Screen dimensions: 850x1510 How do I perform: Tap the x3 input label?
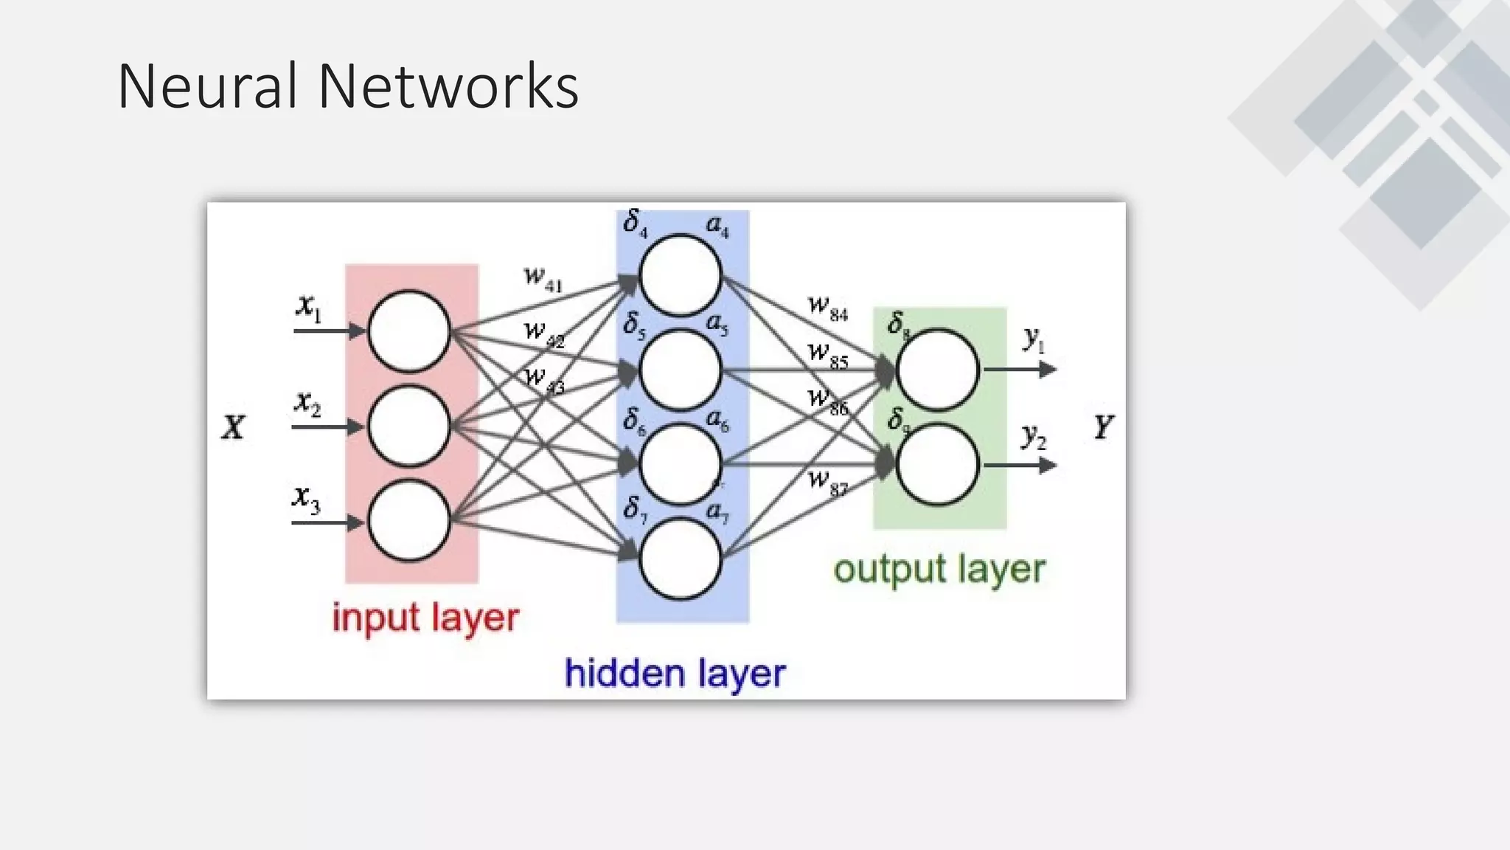coord(306,499)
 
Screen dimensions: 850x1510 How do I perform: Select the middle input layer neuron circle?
coord(408,426)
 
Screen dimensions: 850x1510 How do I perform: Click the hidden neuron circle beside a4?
coord(679,274)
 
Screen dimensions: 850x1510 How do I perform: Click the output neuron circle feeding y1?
coord(937,369)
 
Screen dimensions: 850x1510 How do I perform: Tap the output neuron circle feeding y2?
coord(937,464)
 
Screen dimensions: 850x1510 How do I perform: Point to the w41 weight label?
coord(543,278)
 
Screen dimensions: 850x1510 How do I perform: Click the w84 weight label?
coord(827,308)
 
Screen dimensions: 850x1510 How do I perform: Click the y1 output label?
coord(1034,339)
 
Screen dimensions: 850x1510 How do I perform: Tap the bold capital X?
coord(233,427)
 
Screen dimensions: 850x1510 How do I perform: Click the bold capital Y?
coord(1103,427)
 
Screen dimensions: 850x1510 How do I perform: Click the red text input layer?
coord(425,618)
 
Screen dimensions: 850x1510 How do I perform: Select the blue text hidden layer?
coord(675,673)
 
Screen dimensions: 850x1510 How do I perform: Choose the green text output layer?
coord(939,569)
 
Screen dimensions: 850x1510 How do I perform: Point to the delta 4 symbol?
coord(634,222)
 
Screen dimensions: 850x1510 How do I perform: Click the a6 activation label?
coord(717,421)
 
